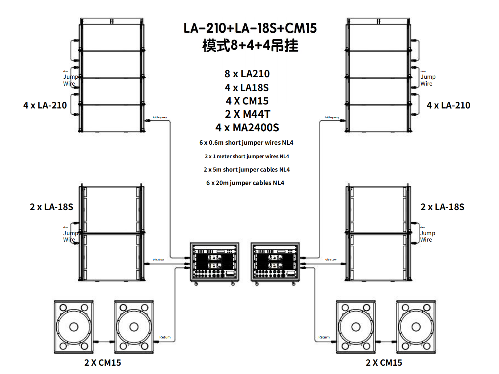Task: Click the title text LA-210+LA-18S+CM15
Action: tap(250, 28)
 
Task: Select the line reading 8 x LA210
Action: tap(247, 74)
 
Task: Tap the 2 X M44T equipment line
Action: tap(247, 114)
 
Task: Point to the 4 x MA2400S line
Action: tap(247, 128)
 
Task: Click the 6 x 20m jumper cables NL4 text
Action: tap(245, 183)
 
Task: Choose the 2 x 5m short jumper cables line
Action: tap(247, 169)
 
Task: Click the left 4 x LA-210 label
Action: tap(45, 106)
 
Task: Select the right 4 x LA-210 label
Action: tap(448, 106)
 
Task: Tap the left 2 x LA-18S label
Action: tap(51, 207)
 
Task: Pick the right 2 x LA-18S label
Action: tap(442, 207)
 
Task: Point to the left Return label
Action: tap(165, 337)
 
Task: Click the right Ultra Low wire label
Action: tap(331, 260)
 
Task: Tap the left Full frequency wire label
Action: tap(159, 118)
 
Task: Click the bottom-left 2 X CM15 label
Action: tap(102, 363)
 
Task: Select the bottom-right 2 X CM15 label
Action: tap(384, 363)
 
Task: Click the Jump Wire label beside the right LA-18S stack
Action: tap(427, 236)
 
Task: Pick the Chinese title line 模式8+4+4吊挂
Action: tap(250, 46)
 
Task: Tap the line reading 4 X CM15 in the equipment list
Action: tap(247, 101)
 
